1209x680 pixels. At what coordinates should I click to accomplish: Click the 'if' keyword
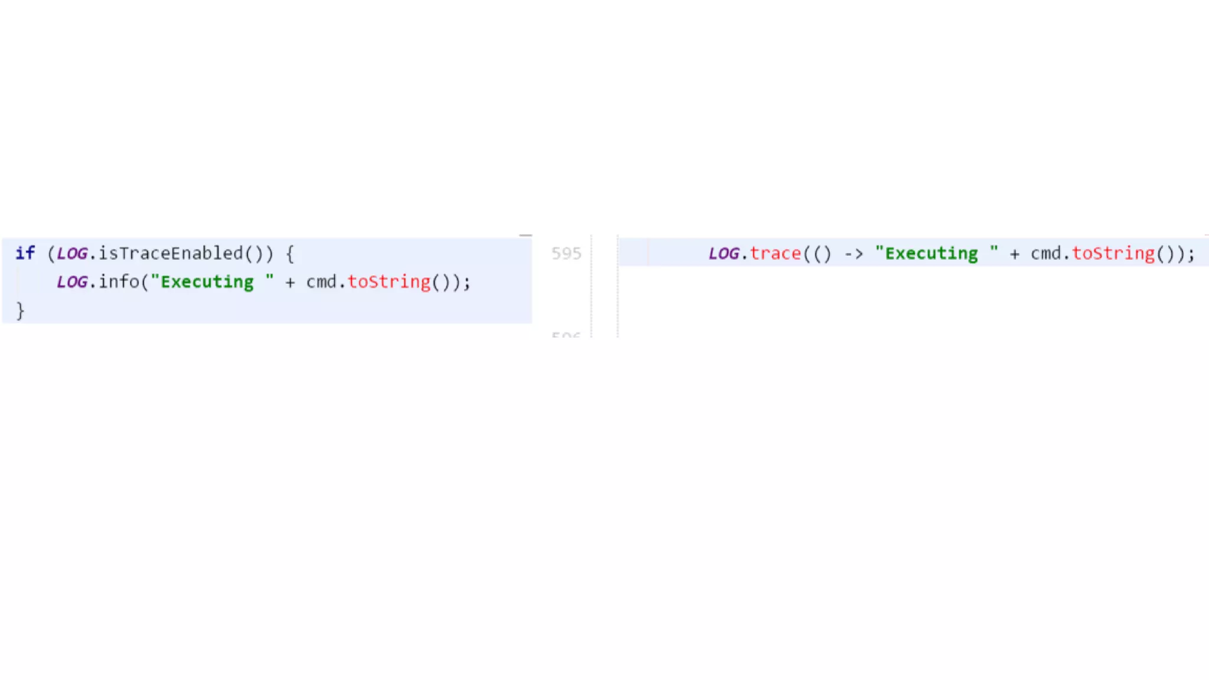(x=25, y=253)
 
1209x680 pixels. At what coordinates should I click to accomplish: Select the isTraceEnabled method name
(x=171, y=253)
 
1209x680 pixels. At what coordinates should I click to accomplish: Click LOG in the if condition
(x=72, y=253)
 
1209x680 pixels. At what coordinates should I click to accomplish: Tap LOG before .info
(x=72, y=282)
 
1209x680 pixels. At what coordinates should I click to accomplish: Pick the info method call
(x=119, y=282)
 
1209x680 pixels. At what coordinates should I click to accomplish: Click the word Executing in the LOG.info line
(x=207, y=282)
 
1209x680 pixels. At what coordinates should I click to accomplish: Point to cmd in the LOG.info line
(x=321, y=282)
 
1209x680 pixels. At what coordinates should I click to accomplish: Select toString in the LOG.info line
(x=389, y=282)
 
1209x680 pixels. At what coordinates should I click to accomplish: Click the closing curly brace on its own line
(x=20, y=310)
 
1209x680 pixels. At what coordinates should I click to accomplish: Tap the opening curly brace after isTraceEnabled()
(x=290, y=254)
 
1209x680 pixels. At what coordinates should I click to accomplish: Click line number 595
(x=566, y=253)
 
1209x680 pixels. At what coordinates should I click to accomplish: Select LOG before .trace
(x=724, y=253)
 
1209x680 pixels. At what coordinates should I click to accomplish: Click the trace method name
(x=776, y=253)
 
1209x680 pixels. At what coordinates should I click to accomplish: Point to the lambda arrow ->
(x=854, y=254)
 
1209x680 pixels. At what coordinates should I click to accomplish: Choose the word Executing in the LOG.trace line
(x=932, y=253)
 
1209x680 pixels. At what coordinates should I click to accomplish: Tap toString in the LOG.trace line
(x=1113, y=253)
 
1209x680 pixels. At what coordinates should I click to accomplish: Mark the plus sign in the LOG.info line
(x=290, y=282)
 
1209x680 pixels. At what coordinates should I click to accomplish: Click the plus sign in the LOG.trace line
(x=1014, y=254)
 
